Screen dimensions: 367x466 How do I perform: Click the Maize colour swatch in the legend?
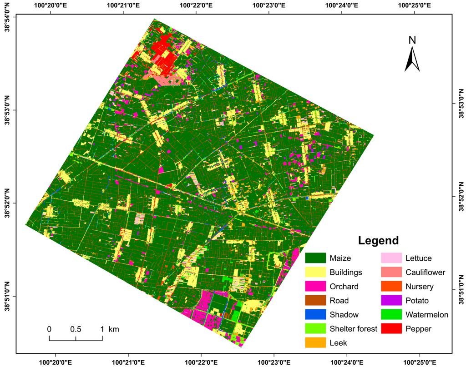[x=316, y=258]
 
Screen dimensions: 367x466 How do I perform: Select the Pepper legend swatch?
[x=392, y=328]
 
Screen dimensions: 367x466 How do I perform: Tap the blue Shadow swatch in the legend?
[x=316, y=314]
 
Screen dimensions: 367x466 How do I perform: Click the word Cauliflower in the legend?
[x=426, y=273]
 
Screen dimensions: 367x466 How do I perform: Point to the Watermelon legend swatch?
[x=392, y=314]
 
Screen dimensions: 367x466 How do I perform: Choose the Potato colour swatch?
[x=392, y=300]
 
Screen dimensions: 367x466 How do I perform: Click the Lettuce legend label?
[x=419, y=258]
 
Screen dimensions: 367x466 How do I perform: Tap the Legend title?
[x=378, y=240]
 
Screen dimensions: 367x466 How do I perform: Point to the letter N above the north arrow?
[x=412, y=40]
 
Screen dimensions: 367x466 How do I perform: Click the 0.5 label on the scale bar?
[x=76, y=329]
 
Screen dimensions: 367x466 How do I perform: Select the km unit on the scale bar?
[x=113, y=329]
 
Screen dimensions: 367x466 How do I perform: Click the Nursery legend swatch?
[x=392, y=286]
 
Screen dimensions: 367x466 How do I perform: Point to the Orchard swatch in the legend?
[x=316, y=286]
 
